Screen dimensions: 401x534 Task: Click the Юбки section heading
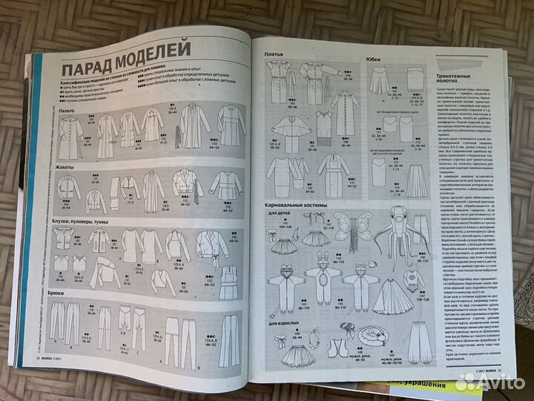point(375,58)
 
